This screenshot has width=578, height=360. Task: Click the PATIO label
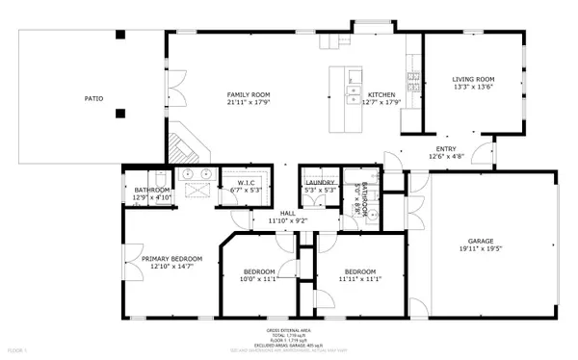pos(93,98)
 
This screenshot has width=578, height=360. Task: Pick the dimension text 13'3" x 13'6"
pos(473,88)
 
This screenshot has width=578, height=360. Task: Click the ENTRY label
pos(446,148)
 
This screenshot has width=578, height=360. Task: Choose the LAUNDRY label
pos(319,182)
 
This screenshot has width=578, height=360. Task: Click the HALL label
pos(287,213)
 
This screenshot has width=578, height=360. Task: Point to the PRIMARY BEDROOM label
pos(171,258)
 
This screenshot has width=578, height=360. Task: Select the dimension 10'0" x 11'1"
pos(258,279)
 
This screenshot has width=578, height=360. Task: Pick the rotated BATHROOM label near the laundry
pos(378,199)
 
